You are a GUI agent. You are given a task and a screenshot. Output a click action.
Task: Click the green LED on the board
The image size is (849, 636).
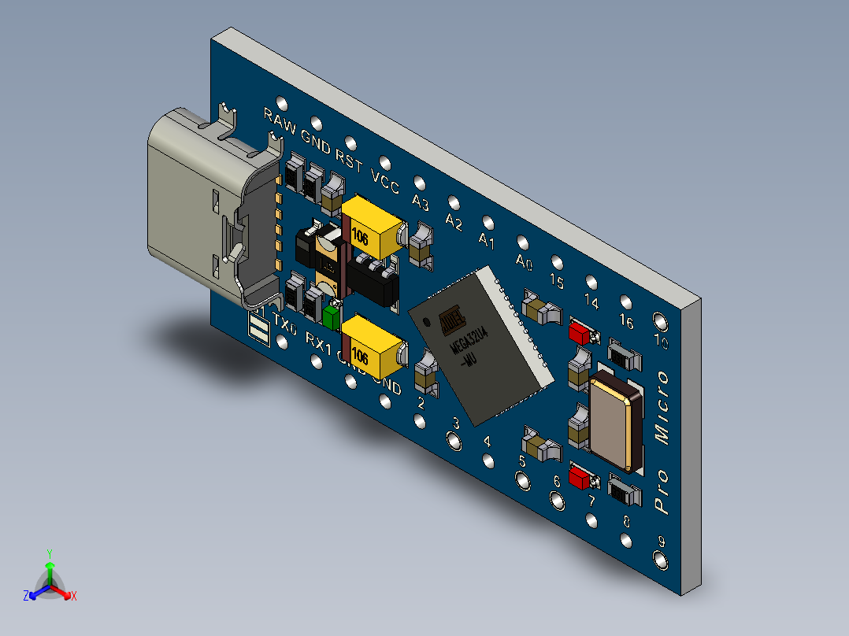332,317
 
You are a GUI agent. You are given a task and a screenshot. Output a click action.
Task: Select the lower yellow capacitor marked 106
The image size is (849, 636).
372,346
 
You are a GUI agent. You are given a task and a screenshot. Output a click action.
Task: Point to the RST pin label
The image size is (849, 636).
349,161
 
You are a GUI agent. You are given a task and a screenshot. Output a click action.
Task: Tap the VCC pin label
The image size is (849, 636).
385,183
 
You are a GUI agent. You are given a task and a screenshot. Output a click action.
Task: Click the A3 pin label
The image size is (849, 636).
420,204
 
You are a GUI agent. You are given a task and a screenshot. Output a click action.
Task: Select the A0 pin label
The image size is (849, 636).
524,261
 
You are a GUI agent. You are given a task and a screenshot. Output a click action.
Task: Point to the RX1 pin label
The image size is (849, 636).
319,343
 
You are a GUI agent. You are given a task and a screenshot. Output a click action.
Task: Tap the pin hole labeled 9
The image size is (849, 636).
660,560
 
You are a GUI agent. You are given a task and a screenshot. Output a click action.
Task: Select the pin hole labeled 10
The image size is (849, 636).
659,322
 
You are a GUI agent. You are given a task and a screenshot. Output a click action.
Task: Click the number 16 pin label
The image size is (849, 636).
627,321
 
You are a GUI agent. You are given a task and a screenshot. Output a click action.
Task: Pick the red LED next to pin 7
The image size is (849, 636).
580,476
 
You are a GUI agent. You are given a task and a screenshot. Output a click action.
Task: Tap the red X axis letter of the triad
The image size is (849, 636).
73,597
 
